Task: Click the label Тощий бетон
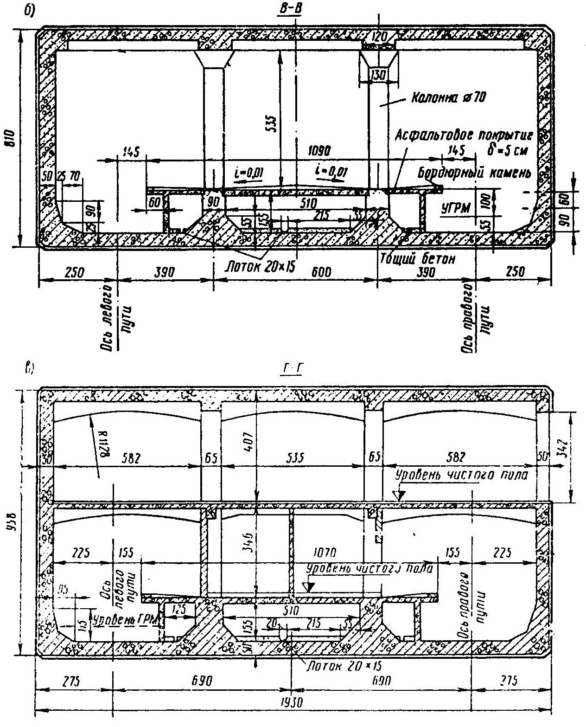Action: click(x=417, y=258)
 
